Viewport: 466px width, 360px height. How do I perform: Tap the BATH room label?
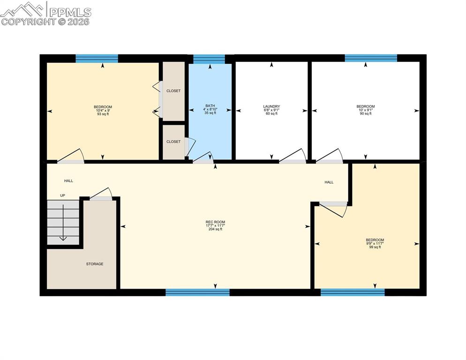(x=210, y=105)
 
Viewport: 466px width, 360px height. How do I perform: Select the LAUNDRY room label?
(x=271, y=106)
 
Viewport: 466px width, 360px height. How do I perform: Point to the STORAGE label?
(x=95, y=264)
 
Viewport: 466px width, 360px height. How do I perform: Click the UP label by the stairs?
(x=62, y=195)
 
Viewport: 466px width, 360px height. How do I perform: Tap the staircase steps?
(x=63, y=222)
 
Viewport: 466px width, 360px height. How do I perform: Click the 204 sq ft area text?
(x=215, y=229)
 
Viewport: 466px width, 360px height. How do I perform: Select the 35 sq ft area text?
(x=210, y=113)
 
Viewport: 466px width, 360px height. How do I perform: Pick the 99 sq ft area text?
(x=375, y=247)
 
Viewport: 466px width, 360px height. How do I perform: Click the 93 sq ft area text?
(x=103, y=114)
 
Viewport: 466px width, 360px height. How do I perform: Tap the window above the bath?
(x=209, y=59)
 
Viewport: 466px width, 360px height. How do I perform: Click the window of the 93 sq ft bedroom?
(x=97, y=59)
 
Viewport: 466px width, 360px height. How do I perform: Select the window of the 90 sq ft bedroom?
(x=371, y=58)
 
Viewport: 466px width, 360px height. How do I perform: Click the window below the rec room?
(x=197, y=292)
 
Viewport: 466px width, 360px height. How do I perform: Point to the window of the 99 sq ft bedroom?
(x=353, y=292)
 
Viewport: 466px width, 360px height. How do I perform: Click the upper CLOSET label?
(x=173, y=91)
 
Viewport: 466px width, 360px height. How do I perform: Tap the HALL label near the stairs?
(x=69, y=181)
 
